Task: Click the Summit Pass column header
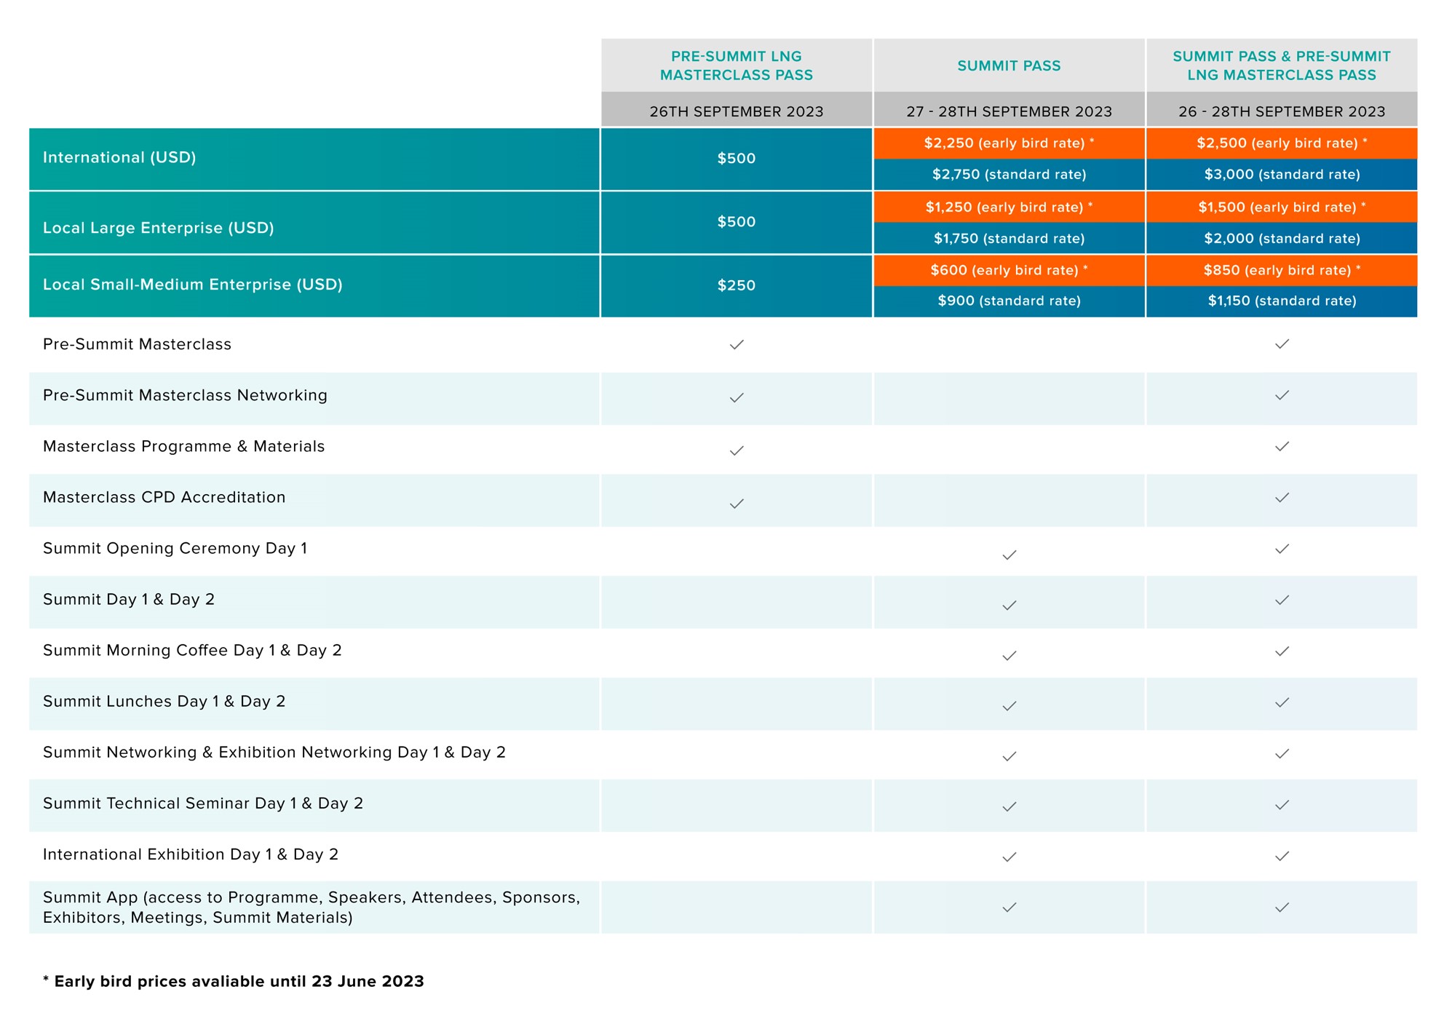pos(1009,66)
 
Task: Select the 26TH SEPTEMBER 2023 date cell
pos(737,111)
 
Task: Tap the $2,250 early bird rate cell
pos(1009,143)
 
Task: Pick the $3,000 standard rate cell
pos(1282,175)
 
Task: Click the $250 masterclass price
pos(737,285)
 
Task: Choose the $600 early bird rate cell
pos(1009,270)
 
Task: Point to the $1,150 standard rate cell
pos(1282,301)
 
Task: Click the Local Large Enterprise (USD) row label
pos(159,228)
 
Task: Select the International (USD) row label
pos(119,157)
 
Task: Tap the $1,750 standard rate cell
pos(1009,239)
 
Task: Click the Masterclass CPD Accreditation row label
pos(164,497)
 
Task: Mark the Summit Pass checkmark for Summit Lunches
pos(1009,706)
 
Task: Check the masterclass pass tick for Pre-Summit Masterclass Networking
pos(737,397)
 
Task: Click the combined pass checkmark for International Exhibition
pos(1282,856)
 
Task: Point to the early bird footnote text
pos(234,981)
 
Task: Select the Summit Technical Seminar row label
pos(203,803)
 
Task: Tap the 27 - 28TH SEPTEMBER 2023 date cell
pos(1009,111)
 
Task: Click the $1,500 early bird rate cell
pos(1282,207)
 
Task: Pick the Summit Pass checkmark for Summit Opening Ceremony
pos(1009,555)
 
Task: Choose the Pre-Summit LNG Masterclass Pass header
pos(737,66)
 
